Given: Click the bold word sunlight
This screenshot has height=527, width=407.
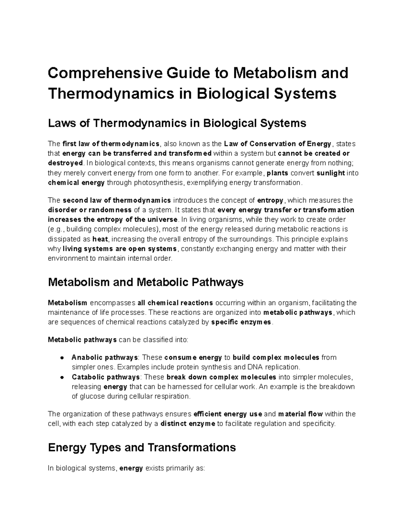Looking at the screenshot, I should [330, 173].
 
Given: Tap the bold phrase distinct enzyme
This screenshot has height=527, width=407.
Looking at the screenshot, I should [188, 424].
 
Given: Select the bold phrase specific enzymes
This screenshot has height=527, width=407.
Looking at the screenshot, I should [241, 322].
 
